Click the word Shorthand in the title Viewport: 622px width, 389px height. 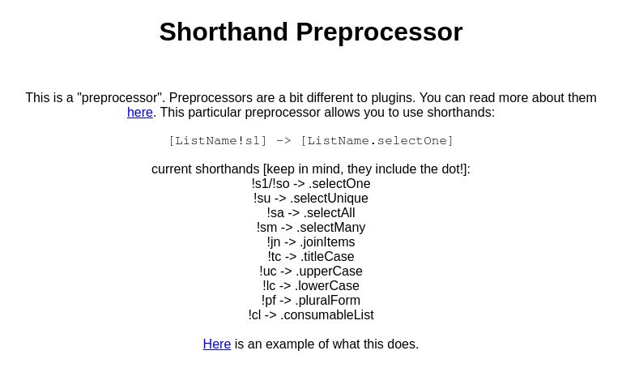coord(224,32)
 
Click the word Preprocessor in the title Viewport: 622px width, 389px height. coord(379,32)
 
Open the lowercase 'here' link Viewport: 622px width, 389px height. coord(140,113)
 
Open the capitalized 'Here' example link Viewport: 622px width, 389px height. coord(217,344)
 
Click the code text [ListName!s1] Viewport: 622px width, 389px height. coord(217,141)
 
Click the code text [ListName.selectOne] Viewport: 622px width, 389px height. coord(377,141)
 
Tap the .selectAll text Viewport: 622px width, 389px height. coord(329,213)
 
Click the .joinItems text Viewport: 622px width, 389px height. coord(327,242)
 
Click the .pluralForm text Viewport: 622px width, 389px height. coord(328,301)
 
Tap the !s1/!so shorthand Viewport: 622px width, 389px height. coord(271,184)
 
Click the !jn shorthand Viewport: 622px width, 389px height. coord(274,242)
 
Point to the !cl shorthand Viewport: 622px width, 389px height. coord(255,315)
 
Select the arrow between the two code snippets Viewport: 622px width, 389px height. coord(283,141)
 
